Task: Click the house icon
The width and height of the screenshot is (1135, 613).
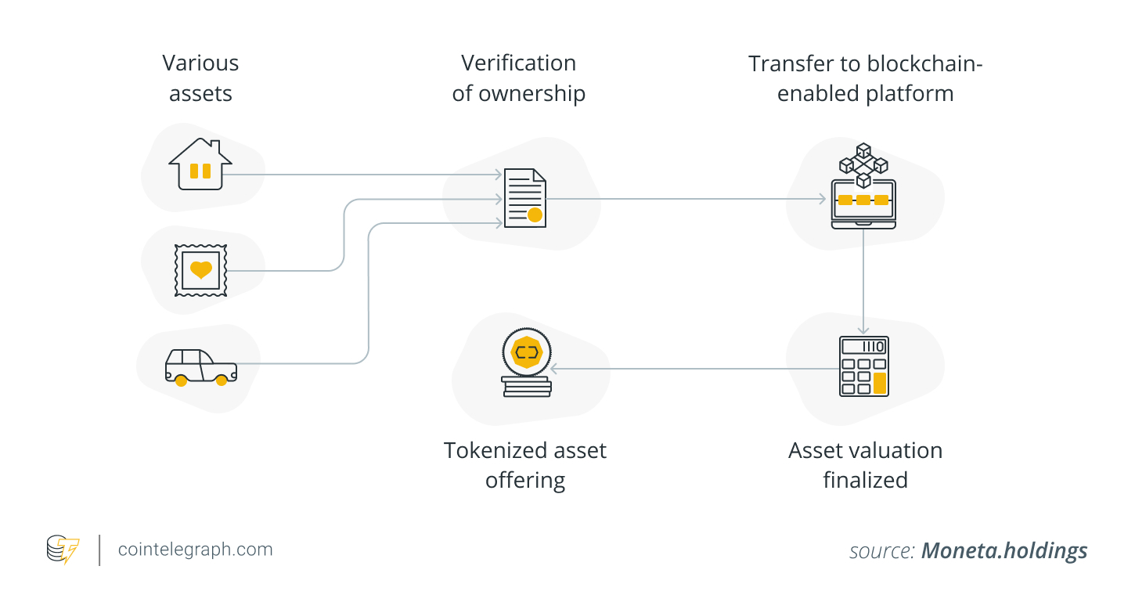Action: (200, 165)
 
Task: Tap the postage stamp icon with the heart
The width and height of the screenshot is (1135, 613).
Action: (201, 270)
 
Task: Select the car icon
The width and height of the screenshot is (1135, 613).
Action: (201, 367)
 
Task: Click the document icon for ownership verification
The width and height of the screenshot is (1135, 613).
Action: (524, 198)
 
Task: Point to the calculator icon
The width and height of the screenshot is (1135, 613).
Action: (863, 366)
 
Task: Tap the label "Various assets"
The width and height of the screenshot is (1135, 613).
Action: (200, 78)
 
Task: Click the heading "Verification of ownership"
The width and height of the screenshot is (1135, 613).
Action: (518, 78)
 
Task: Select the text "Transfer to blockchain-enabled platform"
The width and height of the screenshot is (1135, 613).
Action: (865, 78)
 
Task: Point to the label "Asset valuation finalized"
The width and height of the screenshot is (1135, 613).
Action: (865, 465)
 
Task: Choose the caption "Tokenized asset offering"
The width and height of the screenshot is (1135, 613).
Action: (525, 465)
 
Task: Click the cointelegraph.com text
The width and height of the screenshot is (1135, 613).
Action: (195, 550)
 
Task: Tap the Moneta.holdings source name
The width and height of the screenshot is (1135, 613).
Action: (1004, 550)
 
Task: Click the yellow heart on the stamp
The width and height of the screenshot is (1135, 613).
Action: (201, 270)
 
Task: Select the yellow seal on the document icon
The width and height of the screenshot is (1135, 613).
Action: (535, 215)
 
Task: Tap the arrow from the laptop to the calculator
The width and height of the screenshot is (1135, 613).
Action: (863, 282)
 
